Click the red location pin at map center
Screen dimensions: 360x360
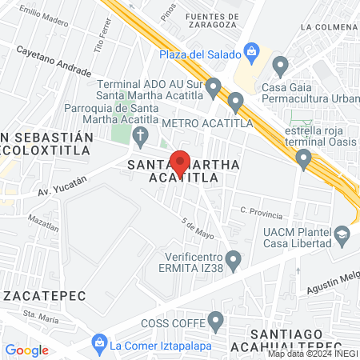click(x=180, y=162)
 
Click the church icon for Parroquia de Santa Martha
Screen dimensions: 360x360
click(x=140, y=135)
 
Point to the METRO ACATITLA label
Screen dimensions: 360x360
click(x=206, y=123)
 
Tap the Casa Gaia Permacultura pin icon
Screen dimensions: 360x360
click(x=280, y=65)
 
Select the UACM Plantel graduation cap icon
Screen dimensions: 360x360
click(x=342, y=235)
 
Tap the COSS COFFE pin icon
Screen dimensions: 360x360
click(x=215, y=322)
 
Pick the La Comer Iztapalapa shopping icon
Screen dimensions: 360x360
click(x=99, y=345)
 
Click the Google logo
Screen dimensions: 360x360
click(x=27, y=350)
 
